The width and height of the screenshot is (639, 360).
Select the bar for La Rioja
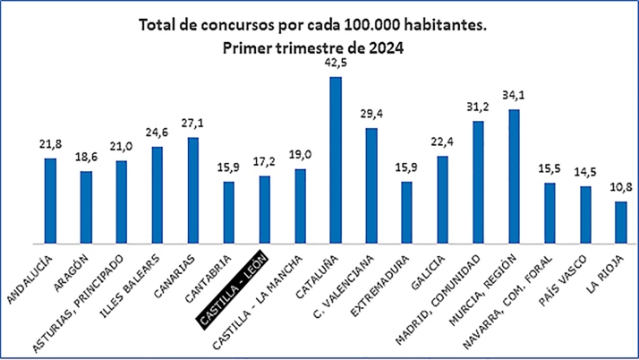[621, 222]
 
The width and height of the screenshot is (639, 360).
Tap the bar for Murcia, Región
[514, 176]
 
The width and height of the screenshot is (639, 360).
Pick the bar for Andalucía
[51, 201]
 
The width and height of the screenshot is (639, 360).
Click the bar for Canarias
[193, 190]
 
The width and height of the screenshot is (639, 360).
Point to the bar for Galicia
[442, 199]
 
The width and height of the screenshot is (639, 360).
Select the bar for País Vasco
[585, 215]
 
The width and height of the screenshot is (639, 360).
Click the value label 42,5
[336, 63]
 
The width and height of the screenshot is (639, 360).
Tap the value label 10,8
[621, 187]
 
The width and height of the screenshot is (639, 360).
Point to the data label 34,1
[514, 95]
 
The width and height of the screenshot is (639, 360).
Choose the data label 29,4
[371, 114]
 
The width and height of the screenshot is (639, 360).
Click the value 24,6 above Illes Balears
[158, 132]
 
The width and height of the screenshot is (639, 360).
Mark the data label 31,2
[478, 106]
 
